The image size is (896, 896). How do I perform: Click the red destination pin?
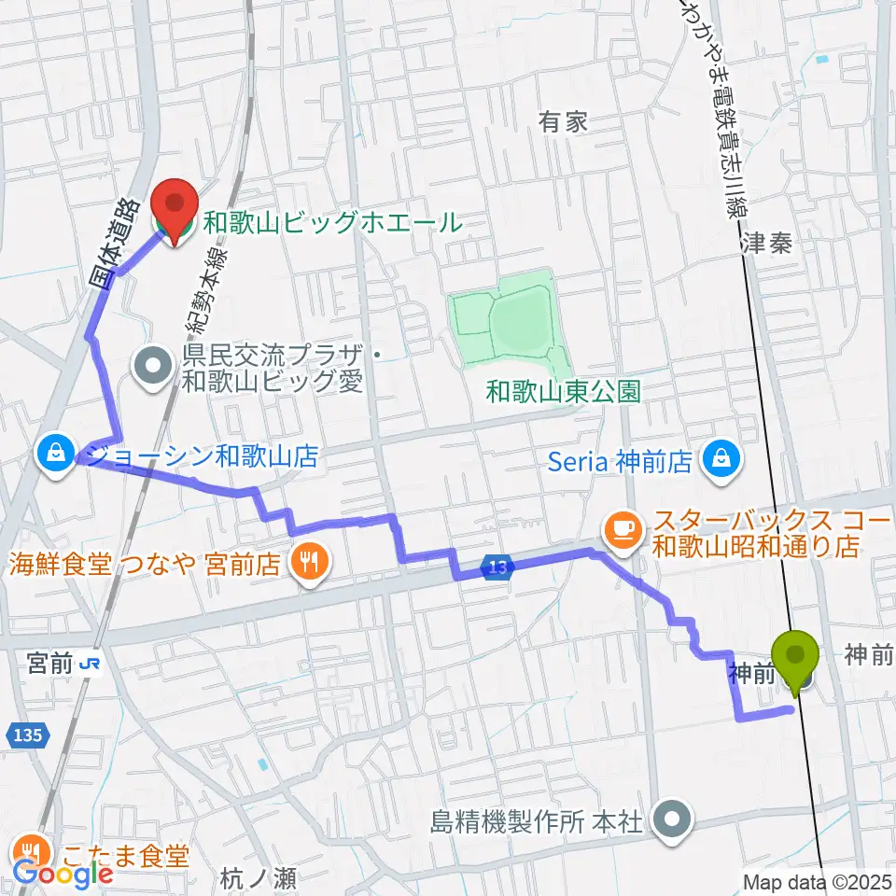(175, 203)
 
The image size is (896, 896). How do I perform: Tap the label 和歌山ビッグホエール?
(333, 224)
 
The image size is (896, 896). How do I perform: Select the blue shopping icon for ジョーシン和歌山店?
(57, 454)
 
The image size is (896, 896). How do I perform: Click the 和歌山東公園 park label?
(563, 391)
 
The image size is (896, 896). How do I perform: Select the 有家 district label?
(564, 121)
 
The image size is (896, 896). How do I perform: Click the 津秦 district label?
(768, 245)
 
